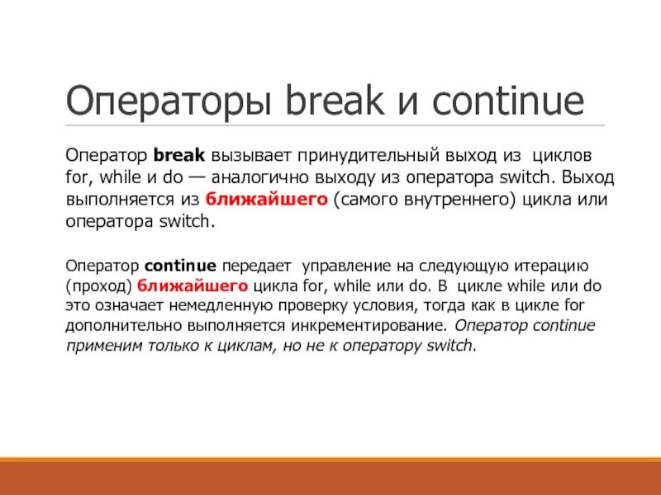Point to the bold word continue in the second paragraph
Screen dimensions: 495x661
pyautogui.click(x=180, y=266)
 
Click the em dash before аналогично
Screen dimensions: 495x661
pyautogui.click(x=198, y=178)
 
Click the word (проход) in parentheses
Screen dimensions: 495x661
pyautogui.click(x=99, y=286)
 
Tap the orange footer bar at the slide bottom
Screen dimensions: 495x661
pyautogui.click(x=330, y=477)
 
